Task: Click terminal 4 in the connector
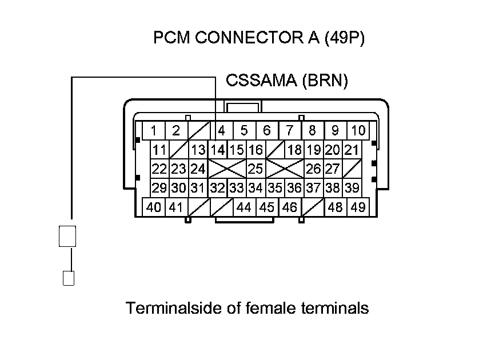(222, 131)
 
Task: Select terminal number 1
(154, 131)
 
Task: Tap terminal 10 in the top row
(358, 131)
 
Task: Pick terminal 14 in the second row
(217, 150)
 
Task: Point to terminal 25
(256, 169)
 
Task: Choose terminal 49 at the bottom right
(358, 207)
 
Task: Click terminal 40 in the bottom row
(154, 207)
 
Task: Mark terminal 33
(237, 188)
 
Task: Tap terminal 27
(332, 169)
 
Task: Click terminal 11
(159, 150)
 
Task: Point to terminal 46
(290, 207)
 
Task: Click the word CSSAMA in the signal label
(261, 81)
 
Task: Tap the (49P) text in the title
(344, 38)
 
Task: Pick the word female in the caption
(272, 309)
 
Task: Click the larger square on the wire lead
(67, 236)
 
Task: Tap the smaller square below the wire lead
(68, 278)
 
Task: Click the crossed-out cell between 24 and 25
(227, 169)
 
